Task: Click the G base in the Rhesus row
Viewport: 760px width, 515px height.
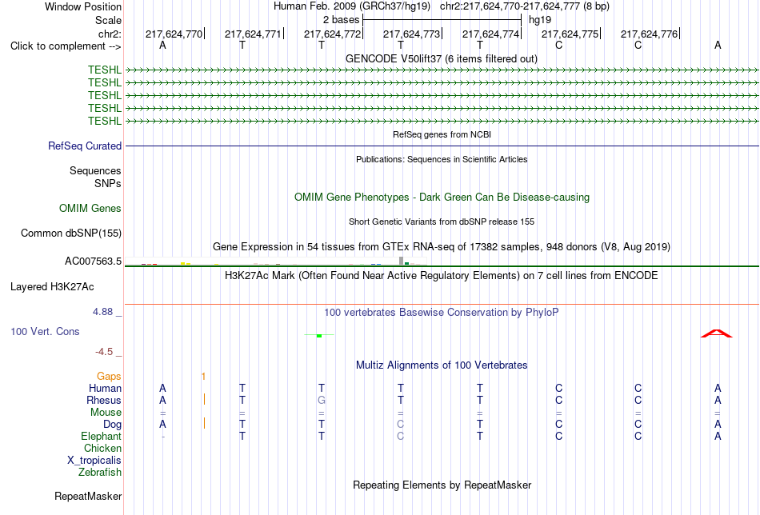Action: pos(322,400)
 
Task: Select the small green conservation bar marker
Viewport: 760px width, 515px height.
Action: pos(319,335)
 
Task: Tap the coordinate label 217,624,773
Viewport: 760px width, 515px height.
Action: pos(411,34)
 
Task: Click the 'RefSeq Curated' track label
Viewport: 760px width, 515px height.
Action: pos(85,146)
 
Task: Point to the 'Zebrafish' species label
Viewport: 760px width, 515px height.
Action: pos(100,472)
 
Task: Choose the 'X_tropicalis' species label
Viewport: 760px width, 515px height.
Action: pos(94,461)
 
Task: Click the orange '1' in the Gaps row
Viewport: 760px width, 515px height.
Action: pos(203,377)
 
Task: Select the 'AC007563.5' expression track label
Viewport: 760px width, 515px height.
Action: pos(93,261)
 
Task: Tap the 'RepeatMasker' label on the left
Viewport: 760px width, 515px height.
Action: pos(88,496)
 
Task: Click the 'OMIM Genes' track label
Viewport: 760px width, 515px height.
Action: pos(90,209)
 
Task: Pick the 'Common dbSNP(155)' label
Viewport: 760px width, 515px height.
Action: pos(71,233)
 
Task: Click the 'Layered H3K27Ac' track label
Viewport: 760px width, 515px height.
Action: pos(52,287)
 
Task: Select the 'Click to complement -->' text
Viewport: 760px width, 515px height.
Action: pos(66,46)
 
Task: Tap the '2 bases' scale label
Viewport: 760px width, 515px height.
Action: pos(342,20)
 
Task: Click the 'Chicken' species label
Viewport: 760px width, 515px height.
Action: pos(102,448)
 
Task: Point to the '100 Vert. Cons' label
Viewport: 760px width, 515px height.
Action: pos(45,331)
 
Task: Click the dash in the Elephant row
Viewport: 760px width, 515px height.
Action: pos(163,437)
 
